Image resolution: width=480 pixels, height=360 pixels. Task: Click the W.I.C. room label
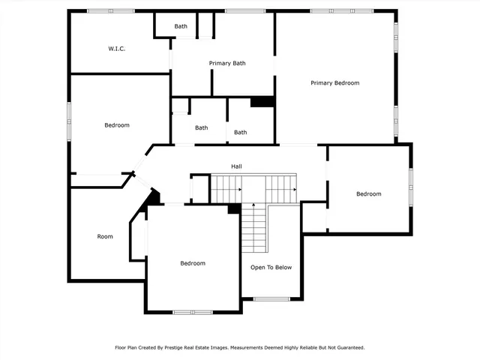[x=116, y=49]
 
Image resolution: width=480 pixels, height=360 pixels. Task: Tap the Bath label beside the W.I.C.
[x=181, y=26]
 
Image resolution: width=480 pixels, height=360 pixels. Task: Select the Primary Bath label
[x=227, y=63]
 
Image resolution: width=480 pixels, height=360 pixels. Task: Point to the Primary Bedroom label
[x=335, y=82]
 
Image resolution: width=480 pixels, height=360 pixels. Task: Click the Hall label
[x=236, y=166]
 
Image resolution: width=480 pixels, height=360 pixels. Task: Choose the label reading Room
[x=105, y=236]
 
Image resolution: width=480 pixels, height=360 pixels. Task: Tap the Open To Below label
[x=271, y=267]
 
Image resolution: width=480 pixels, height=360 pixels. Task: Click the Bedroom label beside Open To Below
[x=193, y=263]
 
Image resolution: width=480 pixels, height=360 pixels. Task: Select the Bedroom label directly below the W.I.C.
[x=117, y=125]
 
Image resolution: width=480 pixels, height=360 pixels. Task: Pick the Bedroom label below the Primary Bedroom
[x=368, y=194]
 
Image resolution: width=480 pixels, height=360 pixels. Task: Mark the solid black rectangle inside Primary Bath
[x=262, y=101]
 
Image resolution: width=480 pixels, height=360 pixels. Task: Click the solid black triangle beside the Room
[x=152, y=198]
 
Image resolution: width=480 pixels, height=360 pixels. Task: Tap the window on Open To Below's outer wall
[x=271, y=299]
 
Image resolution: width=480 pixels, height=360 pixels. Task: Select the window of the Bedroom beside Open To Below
[x=193, y=311]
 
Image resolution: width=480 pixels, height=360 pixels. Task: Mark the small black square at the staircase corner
[x=233, y=208]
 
